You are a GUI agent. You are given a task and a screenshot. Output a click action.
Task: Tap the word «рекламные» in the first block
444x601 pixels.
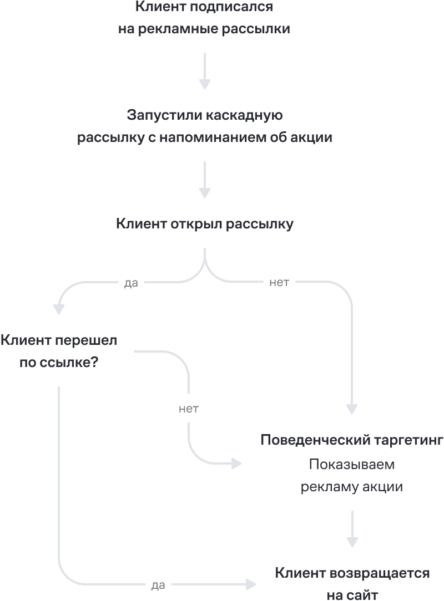coord(172,29)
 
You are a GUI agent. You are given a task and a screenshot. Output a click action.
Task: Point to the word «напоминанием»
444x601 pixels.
coord(213,137)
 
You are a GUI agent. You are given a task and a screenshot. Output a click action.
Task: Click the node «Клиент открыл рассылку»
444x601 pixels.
coord(205,224)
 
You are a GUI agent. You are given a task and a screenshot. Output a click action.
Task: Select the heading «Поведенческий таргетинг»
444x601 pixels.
coord(352,441)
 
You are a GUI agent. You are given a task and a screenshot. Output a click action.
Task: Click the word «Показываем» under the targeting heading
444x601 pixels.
coord(352,464)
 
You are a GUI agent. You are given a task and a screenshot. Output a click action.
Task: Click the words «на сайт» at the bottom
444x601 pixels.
coord(352,595)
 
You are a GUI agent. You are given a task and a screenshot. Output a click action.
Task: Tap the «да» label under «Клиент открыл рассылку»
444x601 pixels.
coord(131,283)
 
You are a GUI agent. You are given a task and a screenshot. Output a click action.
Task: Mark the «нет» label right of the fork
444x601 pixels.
coord(279,283)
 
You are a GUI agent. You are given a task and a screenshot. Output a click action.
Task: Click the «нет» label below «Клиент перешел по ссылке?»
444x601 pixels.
coord(189,409)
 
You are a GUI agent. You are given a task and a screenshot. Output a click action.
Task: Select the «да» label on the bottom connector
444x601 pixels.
coord(158,585)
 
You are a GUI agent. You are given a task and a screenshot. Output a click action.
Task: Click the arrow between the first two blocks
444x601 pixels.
coord(205,71)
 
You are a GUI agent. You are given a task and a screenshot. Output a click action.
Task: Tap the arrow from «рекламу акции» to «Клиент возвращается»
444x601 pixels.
coord(352,529)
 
